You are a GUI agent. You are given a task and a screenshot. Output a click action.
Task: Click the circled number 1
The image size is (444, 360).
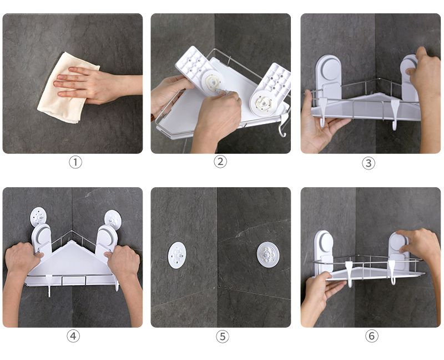75,162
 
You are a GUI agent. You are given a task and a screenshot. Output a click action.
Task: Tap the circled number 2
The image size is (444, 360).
220,162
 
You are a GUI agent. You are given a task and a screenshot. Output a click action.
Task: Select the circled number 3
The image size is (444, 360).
369,163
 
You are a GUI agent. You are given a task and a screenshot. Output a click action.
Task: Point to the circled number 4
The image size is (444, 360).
73,336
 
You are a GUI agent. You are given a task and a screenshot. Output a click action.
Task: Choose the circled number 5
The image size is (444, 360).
223,337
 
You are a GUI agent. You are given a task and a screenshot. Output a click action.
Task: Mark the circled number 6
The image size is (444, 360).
371,336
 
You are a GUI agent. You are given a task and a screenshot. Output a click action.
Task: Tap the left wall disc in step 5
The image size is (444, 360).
177,255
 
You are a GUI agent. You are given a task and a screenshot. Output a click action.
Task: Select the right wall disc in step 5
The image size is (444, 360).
268,254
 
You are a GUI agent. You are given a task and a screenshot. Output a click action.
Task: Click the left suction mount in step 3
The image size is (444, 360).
328,77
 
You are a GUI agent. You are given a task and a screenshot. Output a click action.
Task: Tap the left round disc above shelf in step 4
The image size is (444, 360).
38,217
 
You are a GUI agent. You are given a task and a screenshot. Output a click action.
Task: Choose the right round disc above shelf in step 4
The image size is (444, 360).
113,219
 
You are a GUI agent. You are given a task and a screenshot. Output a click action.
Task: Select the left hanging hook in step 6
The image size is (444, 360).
349,274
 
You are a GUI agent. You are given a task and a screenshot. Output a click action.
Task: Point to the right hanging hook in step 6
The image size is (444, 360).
392,272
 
